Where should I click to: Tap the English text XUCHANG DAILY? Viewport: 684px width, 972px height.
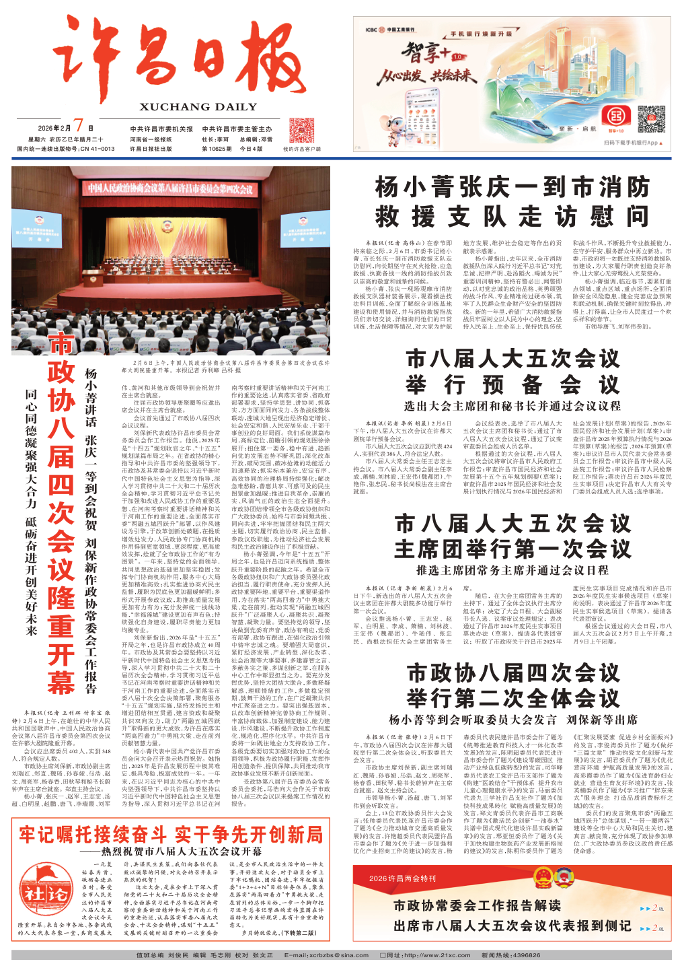pos(198,107)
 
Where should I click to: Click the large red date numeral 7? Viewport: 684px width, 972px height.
pos(79,126)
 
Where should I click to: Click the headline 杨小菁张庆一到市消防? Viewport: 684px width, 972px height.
pos(512,186)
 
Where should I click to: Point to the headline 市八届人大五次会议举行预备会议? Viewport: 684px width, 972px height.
pos(512,371)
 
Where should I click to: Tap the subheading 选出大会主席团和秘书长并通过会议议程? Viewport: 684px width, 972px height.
pos(512,406)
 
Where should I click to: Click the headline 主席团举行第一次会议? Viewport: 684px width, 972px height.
pos(512,549)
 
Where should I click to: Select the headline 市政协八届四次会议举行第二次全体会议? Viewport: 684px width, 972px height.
pos(512,685)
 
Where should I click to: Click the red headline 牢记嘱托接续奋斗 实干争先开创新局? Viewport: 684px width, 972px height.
pos(171,835)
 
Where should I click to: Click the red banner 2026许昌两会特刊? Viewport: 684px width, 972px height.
pos(404,878)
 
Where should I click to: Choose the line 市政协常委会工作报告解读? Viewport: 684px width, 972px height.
pos(478,905)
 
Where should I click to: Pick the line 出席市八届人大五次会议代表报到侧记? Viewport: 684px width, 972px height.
pos(512,926)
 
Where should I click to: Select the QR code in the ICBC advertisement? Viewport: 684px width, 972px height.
pos(650,118)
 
